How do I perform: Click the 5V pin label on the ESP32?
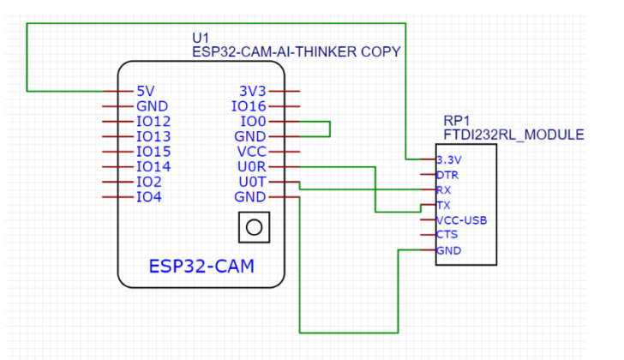(145, 91)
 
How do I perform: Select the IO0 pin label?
(255, 122)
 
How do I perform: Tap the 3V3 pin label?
(253, 91)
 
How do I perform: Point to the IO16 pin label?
(250, 106)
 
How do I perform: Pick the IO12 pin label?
(153, 122)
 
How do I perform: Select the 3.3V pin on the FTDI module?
(448, 159)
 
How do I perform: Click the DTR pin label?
(447, 175)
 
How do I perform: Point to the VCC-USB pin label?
(461, 220)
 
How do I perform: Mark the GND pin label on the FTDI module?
(448, 251)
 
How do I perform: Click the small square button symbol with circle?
(253, 227)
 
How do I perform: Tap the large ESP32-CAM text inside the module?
(202, 267)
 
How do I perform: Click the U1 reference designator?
(201, 38)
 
